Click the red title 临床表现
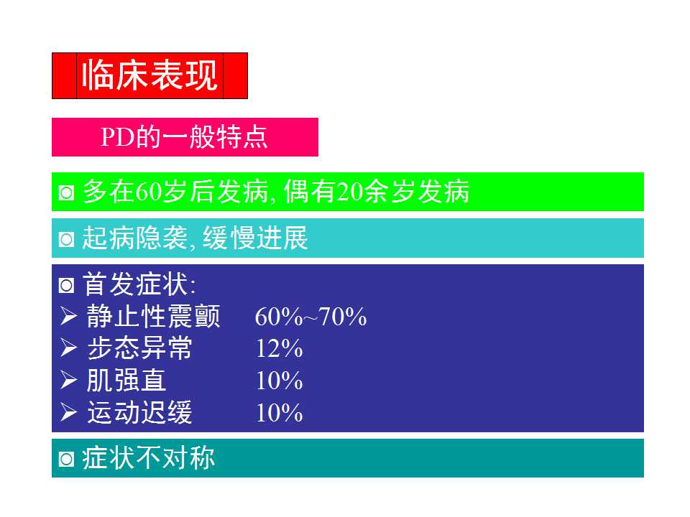[149, 75]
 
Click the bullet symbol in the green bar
[66, 193]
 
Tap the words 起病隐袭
[135, 238]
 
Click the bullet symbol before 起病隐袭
[66, 239]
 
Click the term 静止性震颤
[155, 317]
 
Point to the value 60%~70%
[310, 317]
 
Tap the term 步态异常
[139, 349]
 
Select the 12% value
[279, 349]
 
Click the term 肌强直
[126, 381]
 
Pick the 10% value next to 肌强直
[279, 381]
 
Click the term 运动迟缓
[139, 413]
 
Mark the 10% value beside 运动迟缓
[279, 413]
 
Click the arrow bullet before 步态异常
[69, 349]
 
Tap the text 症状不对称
[149, 458]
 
